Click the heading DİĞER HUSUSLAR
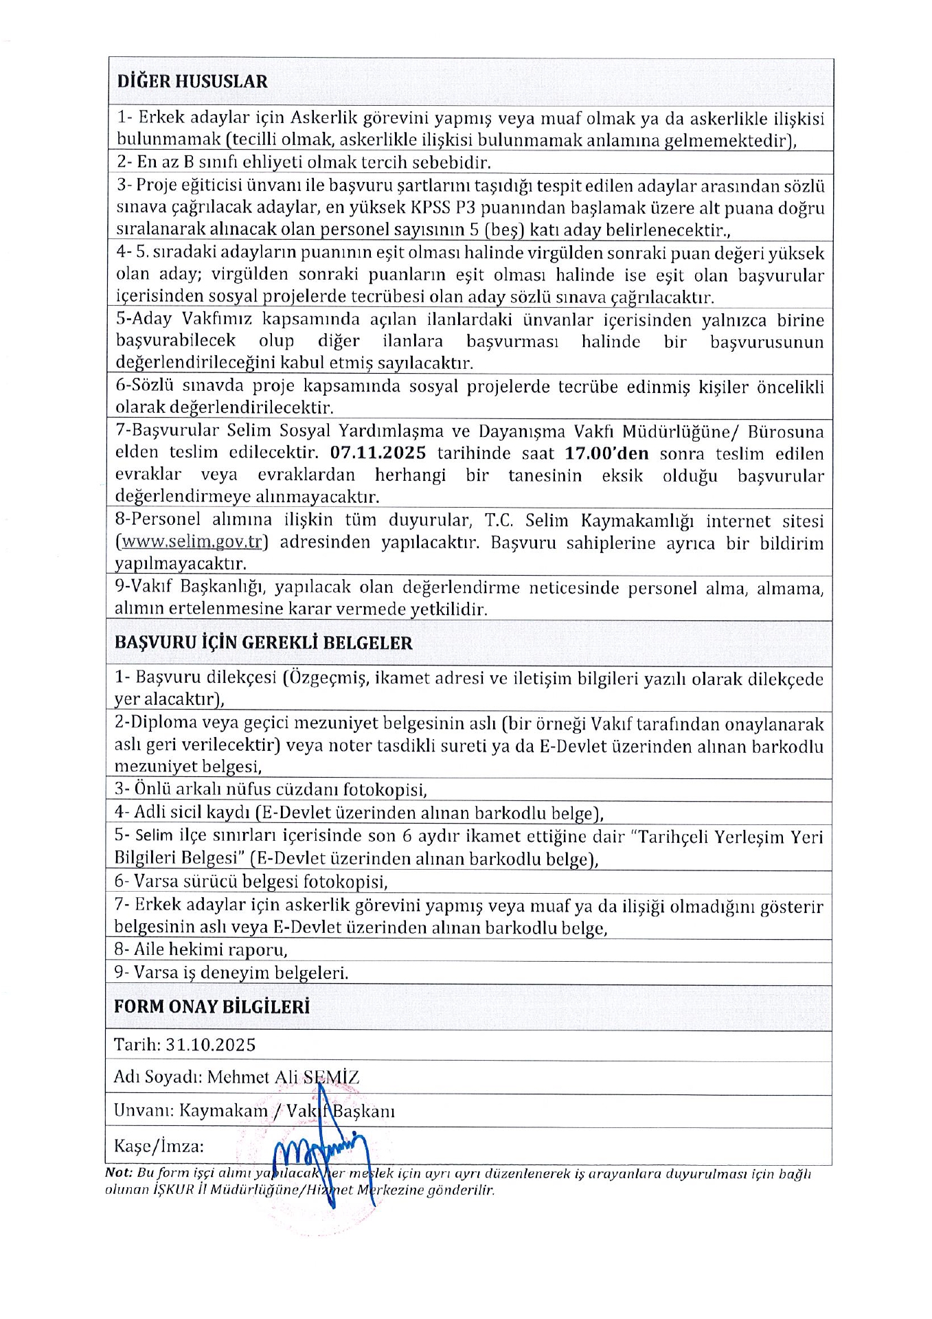[192, 81]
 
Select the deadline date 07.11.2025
[378, 453]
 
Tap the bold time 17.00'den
[606, 453]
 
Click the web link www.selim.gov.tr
[192, 542]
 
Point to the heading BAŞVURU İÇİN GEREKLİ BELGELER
[263, 643]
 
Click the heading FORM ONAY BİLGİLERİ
[212, 1006]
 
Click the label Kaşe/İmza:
[159, 1147]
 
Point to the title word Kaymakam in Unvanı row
[223, 1112]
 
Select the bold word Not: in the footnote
[119, 1173]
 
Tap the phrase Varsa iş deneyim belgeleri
[241, 973]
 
